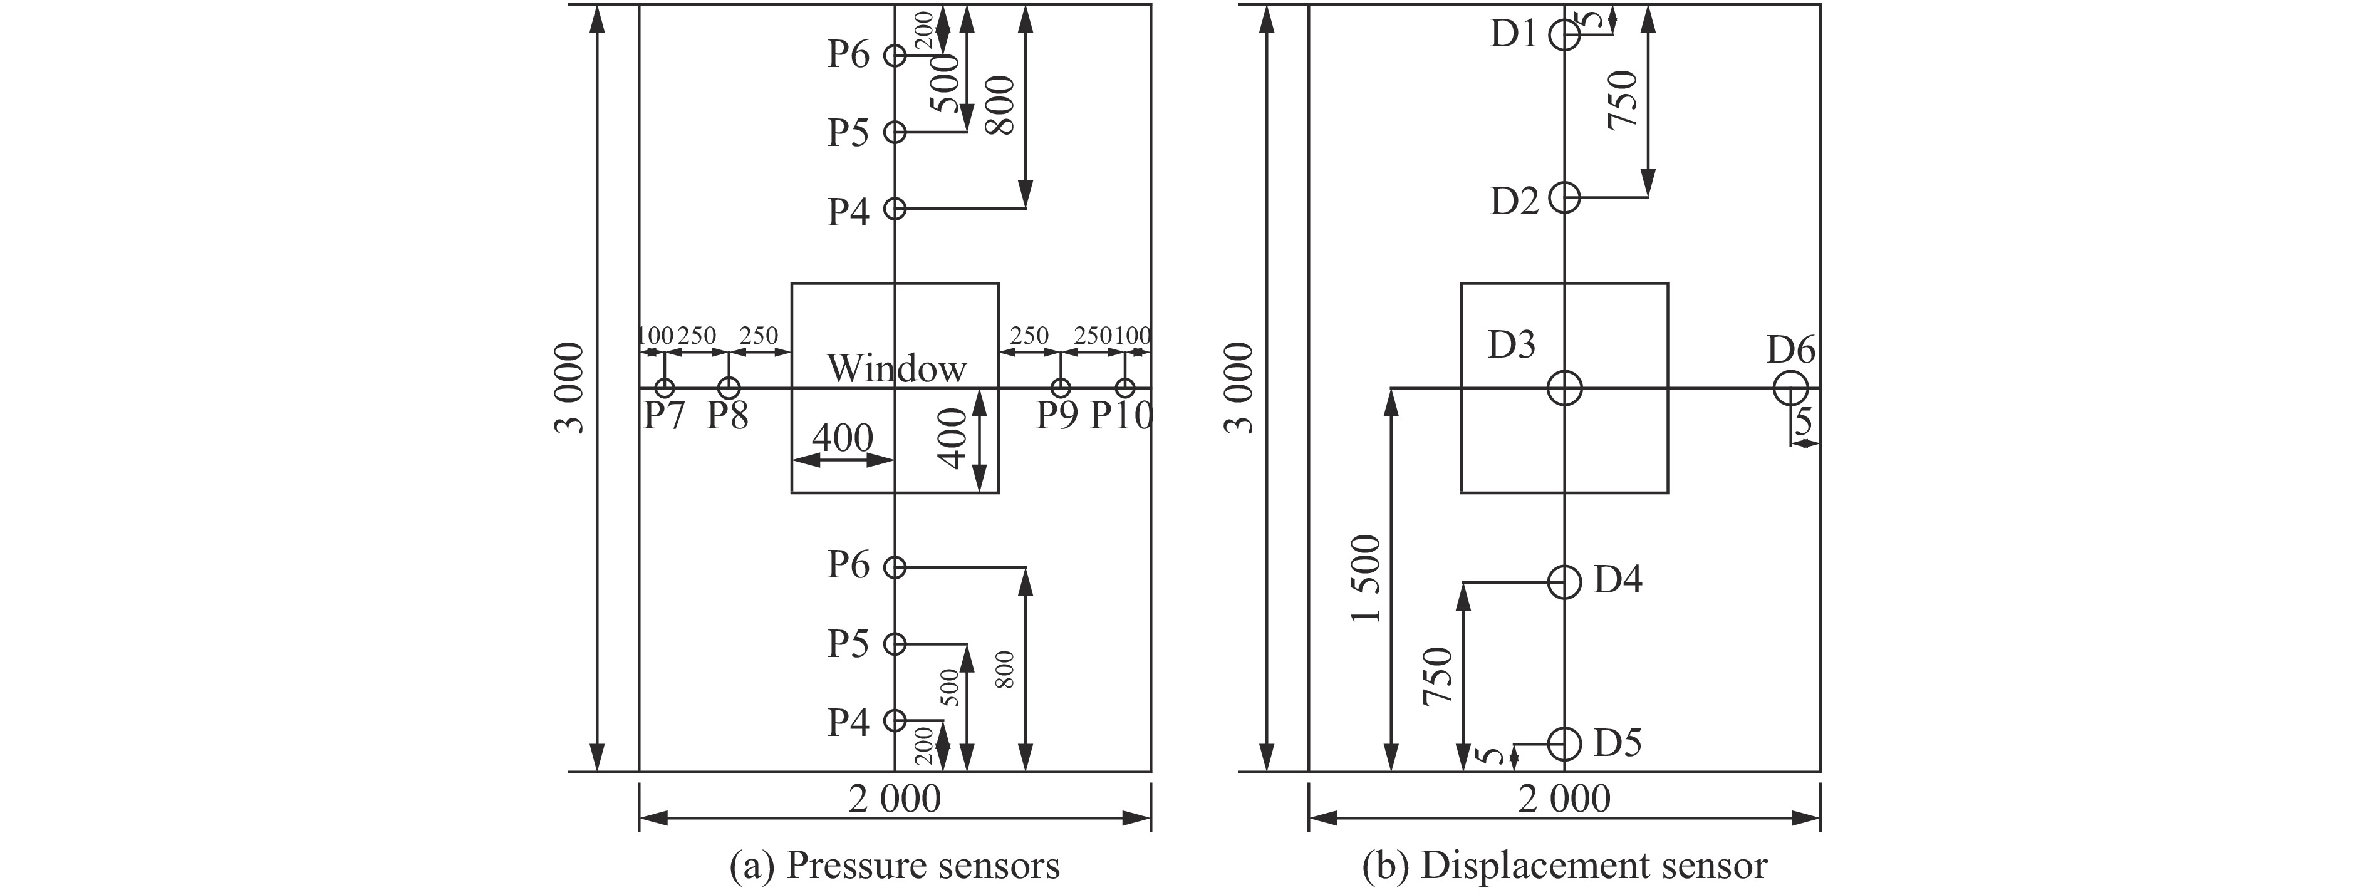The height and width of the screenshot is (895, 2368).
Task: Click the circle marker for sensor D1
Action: coord(1564,35)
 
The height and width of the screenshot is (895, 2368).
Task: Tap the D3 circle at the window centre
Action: coord(1564,388)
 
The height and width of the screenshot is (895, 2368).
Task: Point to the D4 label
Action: coord(1617,580)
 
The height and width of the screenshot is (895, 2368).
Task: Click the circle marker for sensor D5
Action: coord(1564,742)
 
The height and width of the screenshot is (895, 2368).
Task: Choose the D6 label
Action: coord(1790,350)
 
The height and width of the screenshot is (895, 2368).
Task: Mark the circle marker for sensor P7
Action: coord(665,388)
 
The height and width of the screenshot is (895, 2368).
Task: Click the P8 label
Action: coord(727,416)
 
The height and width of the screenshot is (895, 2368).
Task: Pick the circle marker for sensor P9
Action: coord(1061,388)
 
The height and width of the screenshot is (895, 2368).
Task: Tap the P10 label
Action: coord(1121,416)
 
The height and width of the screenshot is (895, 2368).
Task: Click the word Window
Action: coord(896,368)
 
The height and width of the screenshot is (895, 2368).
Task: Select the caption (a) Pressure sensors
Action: coord(895,866)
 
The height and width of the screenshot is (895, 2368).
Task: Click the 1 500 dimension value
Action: coord(1367,578)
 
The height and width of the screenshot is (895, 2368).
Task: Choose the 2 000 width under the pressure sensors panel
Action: coord(895,799)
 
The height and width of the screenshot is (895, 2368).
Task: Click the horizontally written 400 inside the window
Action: coord(842,437)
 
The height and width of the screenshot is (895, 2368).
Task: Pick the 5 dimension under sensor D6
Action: coord(1804,422)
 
